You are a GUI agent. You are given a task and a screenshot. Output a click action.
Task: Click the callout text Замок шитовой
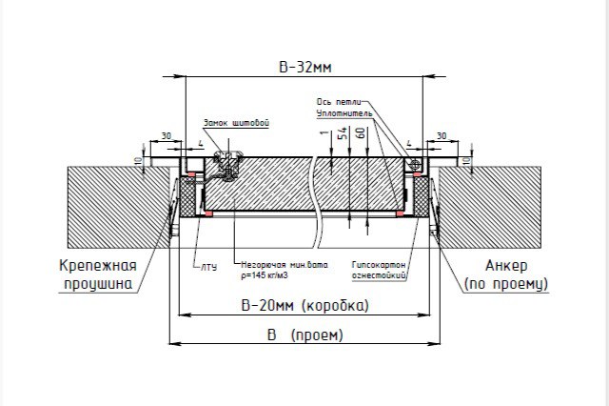pyautogui.click(x=238, y=123)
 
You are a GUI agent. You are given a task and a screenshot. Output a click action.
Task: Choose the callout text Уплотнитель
pyautogui.click(x=340, y=112)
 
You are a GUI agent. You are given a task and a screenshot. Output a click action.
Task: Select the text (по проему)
pyautogui.click(x=505, y=283)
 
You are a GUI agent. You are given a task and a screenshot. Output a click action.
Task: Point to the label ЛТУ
pyautogui.click(x=209, y=266)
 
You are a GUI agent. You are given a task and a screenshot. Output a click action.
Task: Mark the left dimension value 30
pyautogui.click(x=167, y=136)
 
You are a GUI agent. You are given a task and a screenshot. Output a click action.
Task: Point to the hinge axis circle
pyautogui.click(x=415, y=165)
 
